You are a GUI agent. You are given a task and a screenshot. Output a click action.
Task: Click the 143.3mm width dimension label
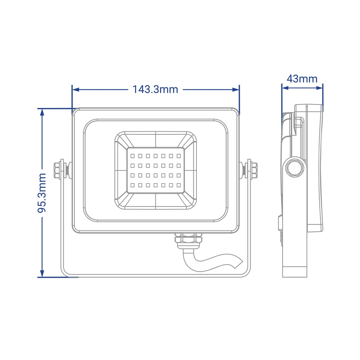click(155, 89)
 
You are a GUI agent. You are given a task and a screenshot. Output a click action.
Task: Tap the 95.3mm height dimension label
click(42, 193)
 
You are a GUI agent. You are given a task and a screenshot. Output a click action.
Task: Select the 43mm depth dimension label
click(302, 79)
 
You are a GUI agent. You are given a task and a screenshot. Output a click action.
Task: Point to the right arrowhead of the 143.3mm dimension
click(236, 89)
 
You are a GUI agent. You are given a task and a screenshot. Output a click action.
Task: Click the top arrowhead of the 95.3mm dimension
click(42, 112)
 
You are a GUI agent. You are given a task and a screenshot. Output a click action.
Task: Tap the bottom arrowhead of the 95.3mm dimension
click(42, 273)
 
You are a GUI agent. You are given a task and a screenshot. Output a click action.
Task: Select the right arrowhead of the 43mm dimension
click(319, 88)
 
